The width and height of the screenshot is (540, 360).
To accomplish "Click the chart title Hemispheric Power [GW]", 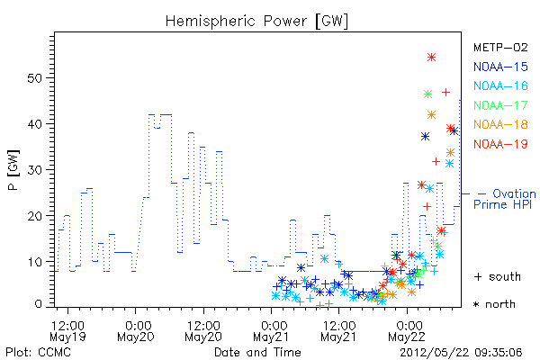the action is [256, 22].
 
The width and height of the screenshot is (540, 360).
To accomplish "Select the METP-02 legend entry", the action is [500, 48].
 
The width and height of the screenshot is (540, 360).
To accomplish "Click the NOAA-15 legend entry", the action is [500, 67].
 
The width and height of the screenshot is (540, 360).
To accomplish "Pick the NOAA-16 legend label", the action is [500, 85].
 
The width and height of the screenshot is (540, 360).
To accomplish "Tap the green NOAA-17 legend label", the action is [500, 105].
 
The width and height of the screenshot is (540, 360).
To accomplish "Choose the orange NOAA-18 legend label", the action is [500, 124].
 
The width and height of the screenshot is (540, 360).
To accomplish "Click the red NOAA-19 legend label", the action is [500, 144].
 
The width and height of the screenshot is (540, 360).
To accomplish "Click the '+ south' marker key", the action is [498, 276].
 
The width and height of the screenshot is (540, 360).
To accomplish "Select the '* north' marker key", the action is [494, 304].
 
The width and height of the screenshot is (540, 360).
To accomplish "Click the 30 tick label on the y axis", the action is [34, 170].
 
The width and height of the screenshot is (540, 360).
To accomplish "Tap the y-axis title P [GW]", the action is [13, 170].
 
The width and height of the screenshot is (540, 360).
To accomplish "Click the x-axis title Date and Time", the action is [257, 353].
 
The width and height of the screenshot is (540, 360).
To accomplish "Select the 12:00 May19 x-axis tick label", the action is [67, 330].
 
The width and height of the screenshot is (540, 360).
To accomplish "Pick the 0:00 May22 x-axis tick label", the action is [407, 330].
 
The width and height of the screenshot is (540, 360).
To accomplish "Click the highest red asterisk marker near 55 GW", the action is [431, 58].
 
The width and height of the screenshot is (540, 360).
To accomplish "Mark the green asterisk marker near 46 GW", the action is [427, 94].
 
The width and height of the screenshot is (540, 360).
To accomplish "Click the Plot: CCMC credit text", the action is [38, 353].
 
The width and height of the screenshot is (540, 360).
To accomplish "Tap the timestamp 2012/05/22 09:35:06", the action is [461, 353].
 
